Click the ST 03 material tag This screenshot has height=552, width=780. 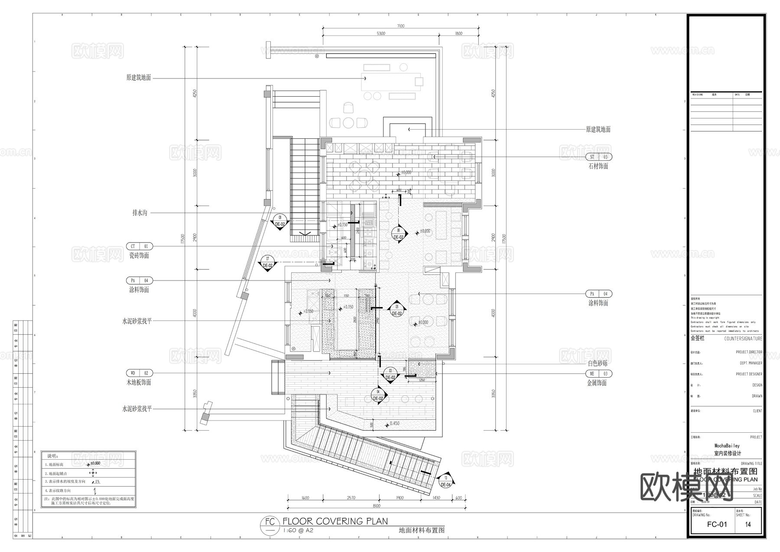pos(598,157)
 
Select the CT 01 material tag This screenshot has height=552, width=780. pos(139,246)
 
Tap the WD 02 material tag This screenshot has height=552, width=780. pos(139,373)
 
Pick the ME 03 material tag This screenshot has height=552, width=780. pos(598,373)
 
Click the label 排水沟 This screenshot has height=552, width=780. pos(140,213)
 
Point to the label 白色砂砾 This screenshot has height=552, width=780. pos(598,363)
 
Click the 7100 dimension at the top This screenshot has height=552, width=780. pos(400,26)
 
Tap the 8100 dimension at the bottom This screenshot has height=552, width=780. pos(376,506)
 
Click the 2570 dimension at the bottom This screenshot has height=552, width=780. pos(351,498)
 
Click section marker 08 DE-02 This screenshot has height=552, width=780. pos(280,221)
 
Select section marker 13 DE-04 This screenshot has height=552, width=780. pos(445,481)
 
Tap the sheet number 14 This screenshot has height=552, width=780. pos(748,524)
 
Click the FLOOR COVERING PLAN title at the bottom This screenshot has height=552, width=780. pos(335,521)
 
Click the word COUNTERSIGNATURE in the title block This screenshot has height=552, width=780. pos(743,339)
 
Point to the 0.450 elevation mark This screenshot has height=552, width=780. pos(394,423)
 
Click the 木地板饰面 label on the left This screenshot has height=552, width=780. pos(139,382)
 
